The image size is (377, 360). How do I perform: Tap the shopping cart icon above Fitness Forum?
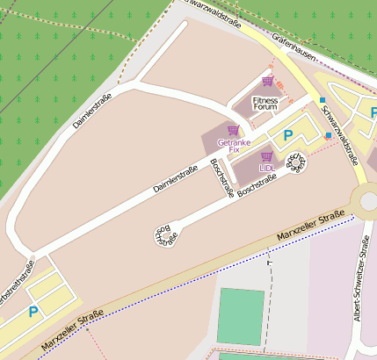click(x=267, y=82)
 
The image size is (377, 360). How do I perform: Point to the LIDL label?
click(x=266, y=167)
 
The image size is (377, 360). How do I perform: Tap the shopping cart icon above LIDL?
click(x=266, y=155)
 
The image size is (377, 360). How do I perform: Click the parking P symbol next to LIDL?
click(x=287, y=136)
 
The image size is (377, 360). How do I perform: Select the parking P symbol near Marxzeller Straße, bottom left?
click(x=33, y=311)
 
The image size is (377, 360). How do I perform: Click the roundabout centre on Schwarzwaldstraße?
click(x=367, y=198)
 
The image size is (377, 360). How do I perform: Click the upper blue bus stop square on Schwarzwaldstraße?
click(x=323, y=100)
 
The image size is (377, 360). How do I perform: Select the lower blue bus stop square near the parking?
click(x=328, y=136)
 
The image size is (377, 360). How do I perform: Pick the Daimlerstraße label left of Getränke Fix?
click(x=174, y=179)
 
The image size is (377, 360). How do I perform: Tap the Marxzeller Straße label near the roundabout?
click(x=308, y=227)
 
